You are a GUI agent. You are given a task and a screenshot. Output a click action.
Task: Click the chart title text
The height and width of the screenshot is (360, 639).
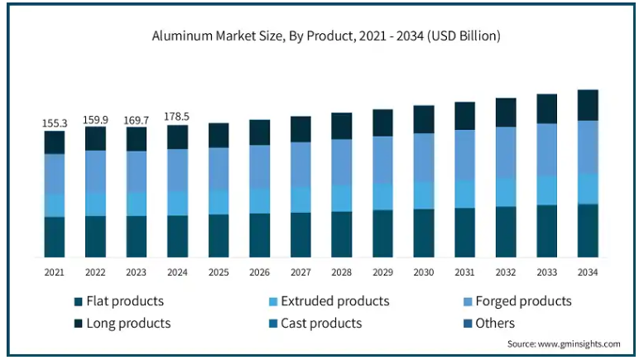(x=326, y=36)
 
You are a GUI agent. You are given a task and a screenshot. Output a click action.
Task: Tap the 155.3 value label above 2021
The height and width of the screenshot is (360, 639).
(x=55, y=123)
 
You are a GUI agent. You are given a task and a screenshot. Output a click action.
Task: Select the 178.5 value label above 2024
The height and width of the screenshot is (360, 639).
(x=177, y=117)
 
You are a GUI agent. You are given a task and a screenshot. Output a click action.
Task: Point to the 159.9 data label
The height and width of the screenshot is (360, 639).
(x=95, y=120)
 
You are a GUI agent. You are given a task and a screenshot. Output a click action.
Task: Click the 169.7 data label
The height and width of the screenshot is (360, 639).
(x=136, y=121)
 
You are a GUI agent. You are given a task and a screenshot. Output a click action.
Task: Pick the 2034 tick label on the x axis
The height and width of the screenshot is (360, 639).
(x=588, y=272)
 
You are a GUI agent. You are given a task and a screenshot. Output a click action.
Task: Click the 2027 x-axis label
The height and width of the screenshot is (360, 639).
(x=300, y=272)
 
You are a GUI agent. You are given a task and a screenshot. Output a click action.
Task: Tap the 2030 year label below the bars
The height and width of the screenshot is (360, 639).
(x=424, y=272)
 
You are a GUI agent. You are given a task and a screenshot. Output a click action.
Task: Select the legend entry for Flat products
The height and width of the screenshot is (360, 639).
(x=119, y=301)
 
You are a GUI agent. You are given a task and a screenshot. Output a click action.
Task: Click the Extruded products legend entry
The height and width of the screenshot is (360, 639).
(x=329, y=301)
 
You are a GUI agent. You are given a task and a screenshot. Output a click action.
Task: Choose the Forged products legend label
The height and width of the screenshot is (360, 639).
(x=517, y=301)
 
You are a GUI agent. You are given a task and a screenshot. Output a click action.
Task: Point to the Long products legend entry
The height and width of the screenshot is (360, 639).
(x=123, y=324)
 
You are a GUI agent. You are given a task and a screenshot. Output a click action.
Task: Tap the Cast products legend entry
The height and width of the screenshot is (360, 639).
(x=315, y=324)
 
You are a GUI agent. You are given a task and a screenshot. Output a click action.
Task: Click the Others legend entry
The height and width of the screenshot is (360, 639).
(x=489, y=324)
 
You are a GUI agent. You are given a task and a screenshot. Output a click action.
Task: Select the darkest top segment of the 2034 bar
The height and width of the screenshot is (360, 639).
(x=588, y=105)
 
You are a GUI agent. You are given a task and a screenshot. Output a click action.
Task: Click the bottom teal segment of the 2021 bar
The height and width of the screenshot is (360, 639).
(x=55, y=237)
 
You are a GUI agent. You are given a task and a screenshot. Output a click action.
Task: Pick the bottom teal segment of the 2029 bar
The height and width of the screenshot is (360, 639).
(x=382, y=233)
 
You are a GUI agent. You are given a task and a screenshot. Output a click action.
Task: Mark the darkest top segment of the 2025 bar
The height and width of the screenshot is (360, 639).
(x=219, y=135)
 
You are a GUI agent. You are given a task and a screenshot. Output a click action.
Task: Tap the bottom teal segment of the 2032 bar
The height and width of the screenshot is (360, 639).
(x=506, y=232)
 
